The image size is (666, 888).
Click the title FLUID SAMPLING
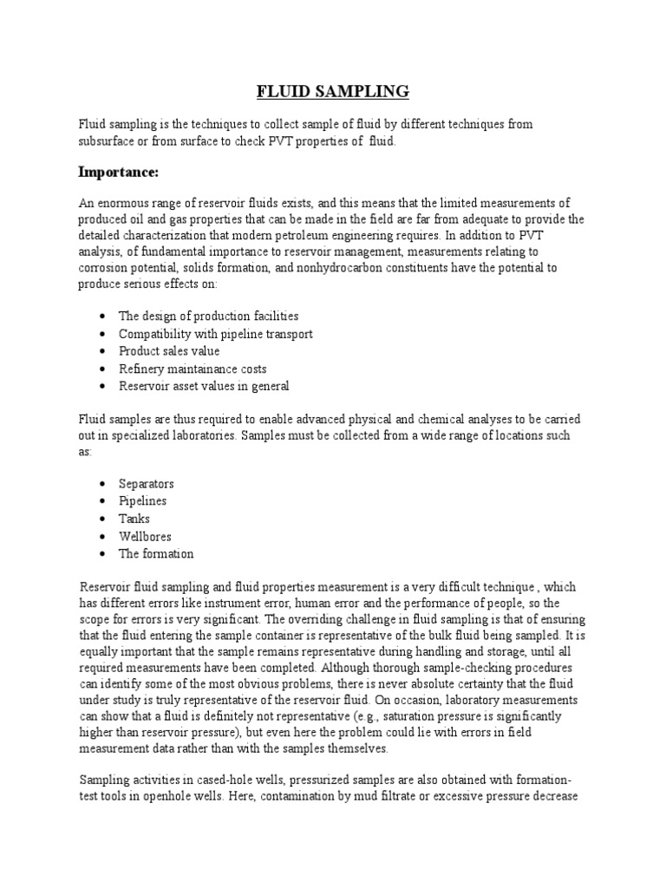point(331,91)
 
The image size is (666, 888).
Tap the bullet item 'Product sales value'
point(169,351)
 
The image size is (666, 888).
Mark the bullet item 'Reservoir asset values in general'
point(204,386)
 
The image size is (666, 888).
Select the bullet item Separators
point(147,483)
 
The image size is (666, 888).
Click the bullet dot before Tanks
point(102,519)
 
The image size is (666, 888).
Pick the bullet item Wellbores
point(145,536)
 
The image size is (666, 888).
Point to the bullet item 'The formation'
point(156,553)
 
